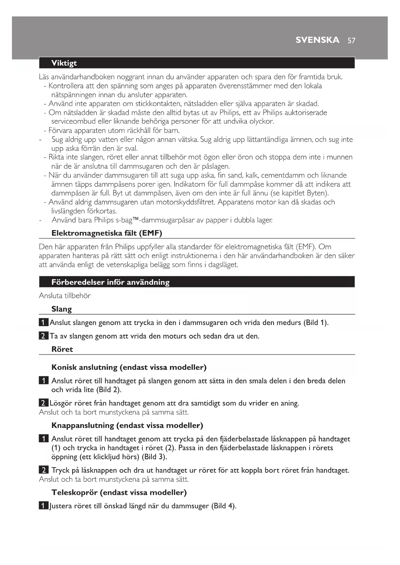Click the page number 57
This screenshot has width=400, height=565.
(x=351, y=41)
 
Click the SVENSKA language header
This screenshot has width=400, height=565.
(x=317, y=40)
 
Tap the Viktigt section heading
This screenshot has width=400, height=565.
(x=64, y=63)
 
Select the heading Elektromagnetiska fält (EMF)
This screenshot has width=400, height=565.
(x=107, y=233)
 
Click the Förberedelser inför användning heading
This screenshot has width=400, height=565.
(x=110, y=282)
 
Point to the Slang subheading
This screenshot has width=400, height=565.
(x=62, y=309)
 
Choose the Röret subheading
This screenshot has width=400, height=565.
(x=62, y=349)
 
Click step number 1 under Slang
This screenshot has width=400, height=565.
(x=44, y=322)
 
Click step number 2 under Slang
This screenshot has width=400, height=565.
(x=44, y=336)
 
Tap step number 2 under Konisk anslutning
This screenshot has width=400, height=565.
(x=44, y=403)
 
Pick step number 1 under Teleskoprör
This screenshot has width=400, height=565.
(x=44, y=506)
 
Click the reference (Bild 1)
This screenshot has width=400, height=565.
(x=316, y=322)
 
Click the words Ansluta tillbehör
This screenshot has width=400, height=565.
(x=65, y=296)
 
